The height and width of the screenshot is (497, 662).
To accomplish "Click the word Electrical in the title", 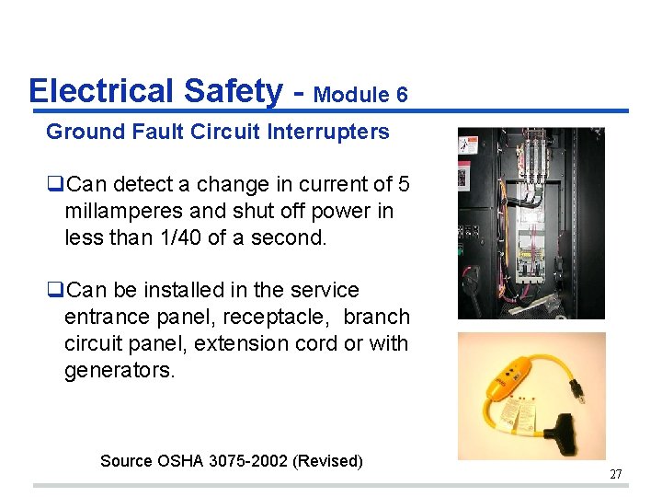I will coord(102,91).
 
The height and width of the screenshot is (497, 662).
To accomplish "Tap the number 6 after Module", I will coord(401,95).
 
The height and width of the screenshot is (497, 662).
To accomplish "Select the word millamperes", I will coord(125,211).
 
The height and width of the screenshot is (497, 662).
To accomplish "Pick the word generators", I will coord(120,370).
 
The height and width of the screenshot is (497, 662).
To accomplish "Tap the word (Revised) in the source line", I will coord(327,460).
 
